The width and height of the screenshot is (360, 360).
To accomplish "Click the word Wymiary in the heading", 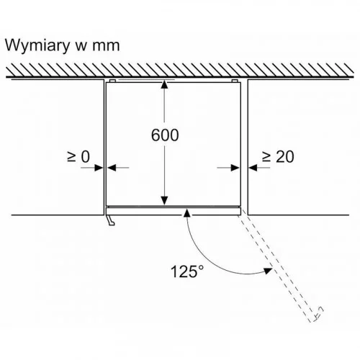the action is click(x=37, y=46).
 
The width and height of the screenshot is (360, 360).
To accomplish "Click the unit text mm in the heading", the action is click(x=106, y=46).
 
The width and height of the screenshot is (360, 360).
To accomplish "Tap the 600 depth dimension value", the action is click(x=165, y=135).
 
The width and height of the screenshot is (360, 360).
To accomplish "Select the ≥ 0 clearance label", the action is click(x=78, y=157).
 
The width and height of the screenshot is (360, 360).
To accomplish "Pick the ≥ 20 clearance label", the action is click(x=278, y=157).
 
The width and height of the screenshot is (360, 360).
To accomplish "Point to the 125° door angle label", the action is click(x=187, y=271).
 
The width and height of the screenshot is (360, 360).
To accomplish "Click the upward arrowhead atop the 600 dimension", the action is click(x=164, y=85).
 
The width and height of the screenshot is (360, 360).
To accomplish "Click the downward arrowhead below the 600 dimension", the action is click(x=164, y=200).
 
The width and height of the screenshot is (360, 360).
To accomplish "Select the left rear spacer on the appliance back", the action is click(x=112, y=81).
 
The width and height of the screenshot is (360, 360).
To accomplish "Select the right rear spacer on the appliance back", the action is click(x=235, y=81).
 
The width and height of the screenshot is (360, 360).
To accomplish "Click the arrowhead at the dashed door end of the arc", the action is click(x=268, y=271).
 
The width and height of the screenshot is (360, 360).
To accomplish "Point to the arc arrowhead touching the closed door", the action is click(x=186, y=213).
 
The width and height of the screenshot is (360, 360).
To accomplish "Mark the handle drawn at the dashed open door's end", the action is click(x=319, y=314).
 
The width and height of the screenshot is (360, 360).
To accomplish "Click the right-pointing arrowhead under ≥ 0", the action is click(x=99, y=168).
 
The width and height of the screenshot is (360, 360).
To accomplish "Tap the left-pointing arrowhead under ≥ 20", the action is click(x=253, y=168).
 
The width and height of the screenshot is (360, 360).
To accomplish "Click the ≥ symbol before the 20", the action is click(x=266, y=157).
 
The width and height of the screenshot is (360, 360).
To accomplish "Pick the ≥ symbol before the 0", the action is click(x=71, y=157).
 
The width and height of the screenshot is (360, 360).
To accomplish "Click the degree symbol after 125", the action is click(x=201, y=268).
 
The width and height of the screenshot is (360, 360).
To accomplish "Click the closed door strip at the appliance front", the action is click(x=173, y=212).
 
